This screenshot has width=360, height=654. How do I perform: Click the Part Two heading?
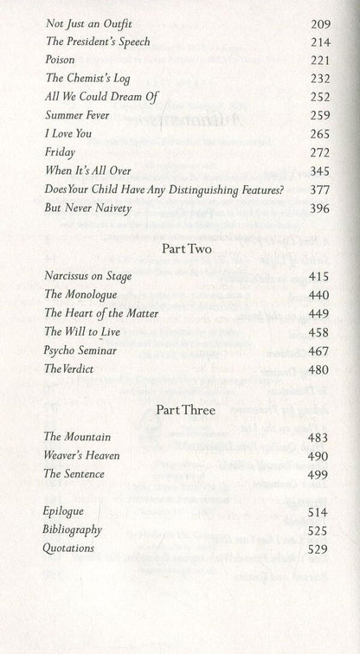click(x=180, y=247)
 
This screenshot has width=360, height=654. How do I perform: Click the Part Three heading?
click(x=180, y=409)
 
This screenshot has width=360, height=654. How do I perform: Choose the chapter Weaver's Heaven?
click(x=83, y=455)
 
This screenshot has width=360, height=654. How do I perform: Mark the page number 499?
click(x=320, y=473)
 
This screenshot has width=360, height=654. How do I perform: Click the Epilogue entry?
click(x=66, y=511)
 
